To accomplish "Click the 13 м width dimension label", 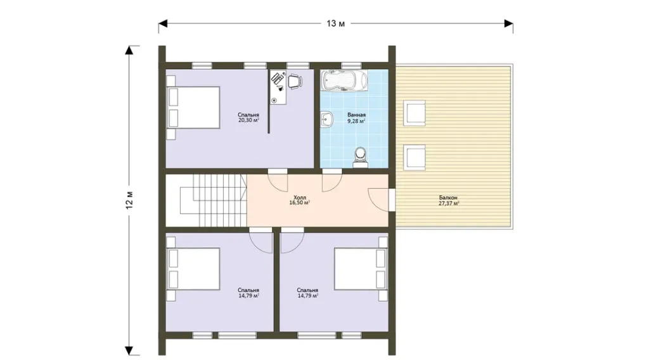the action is tap(335, 23).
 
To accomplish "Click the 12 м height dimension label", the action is tap(129, 200).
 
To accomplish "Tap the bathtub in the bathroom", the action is tap(344, 80).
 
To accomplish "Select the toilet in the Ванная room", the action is tap(361, 158).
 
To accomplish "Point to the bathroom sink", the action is tap(326, 120).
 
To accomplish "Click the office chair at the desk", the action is tap(295, 81).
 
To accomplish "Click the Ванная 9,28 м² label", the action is tap(356, 118).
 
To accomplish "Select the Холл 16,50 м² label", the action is tap(300, 200).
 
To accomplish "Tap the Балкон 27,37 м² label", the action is tap(449, 201).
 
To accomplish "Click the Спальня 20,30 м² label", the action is tap(248, 117).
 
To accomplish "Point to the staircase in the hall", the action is tap(214, 200).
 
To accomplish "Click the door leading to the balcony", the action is tap(380, 200).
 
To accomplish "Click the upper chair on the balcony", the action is tap(414, 113).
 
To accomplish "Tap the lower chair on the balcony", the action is tap(414, 157).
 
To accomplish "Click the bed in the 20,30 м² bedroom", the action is tap(193, 107).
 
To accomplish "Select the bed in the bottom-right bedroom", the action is tap(361, 269).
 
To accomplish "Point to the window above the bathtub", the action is tap(351, 65).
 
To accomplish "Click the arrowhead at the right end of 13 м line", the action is tap(509, 23).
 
